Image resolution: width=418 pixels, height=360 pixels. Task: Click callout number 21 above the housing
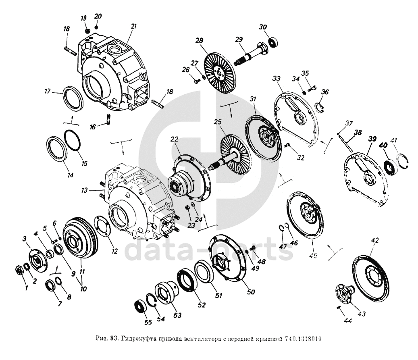pyautogui.click(x=133, y=26)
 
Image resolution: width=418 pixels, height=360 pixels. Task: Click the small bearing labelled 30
pyautogui.click(x=274, y=42)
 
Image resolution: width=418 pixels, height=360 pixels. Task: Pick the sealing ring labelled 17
pyautogui.click(x=73, y=98)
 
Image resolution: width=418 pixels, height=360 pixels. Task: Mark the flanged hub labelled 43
pyautogui.click(x=344, y=293)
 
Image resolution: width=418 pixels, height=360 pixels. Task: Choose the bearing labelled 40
pyautogui.click(x=390, y=167)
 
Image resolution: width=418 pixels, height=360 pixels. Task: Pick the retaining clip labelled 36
pyautogui.click(x=320, y=107)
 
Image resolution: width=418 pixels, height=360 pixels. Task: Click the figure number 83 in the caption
pyautogui.click(x=114, y=338)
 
